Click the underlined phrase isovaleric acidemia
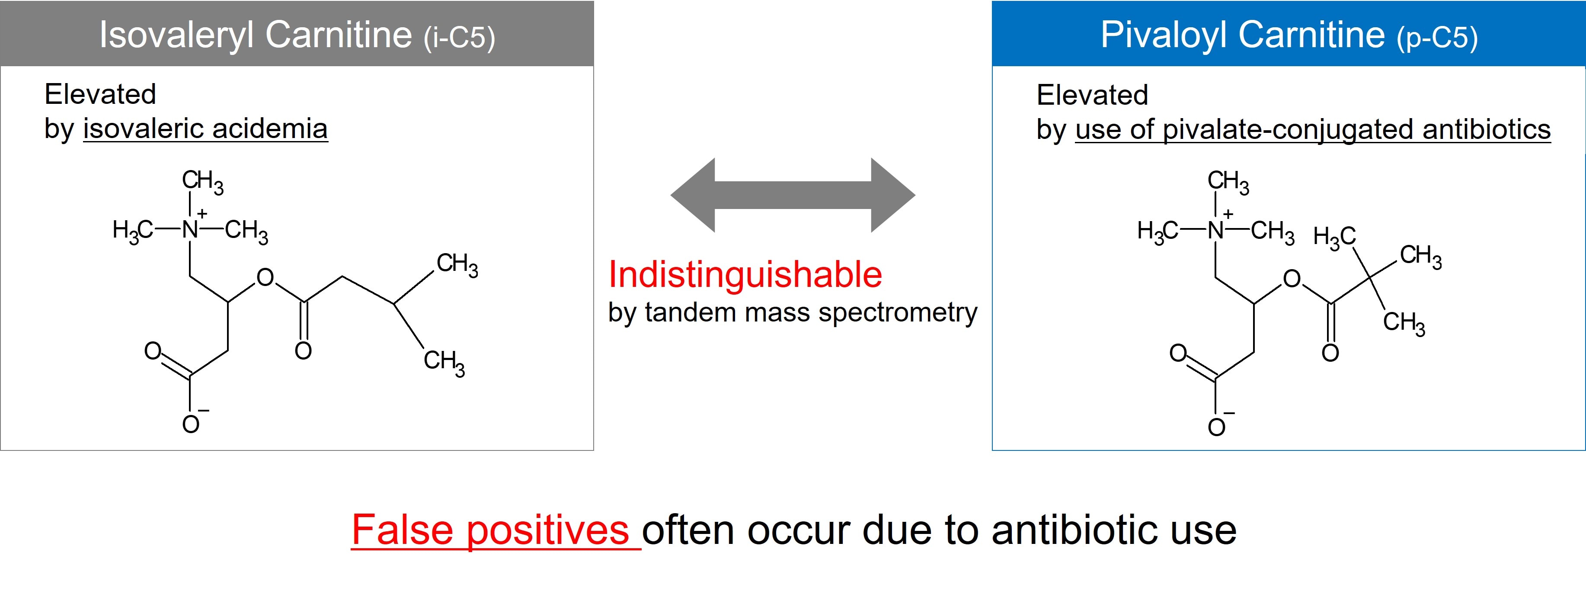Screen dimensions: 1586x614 click(206, 129)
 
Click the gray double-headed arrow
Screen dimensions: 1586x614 click(793, 195)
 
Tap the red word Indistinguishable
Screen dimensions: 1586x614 click(745, 275)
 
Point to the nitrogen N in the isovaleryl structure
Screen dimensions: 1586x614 click(190, 230)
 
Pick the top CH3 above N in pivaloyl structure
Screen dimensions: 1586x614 click(1228, 182)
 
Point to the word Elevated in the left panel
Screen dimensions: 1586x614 click(100, 94)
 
